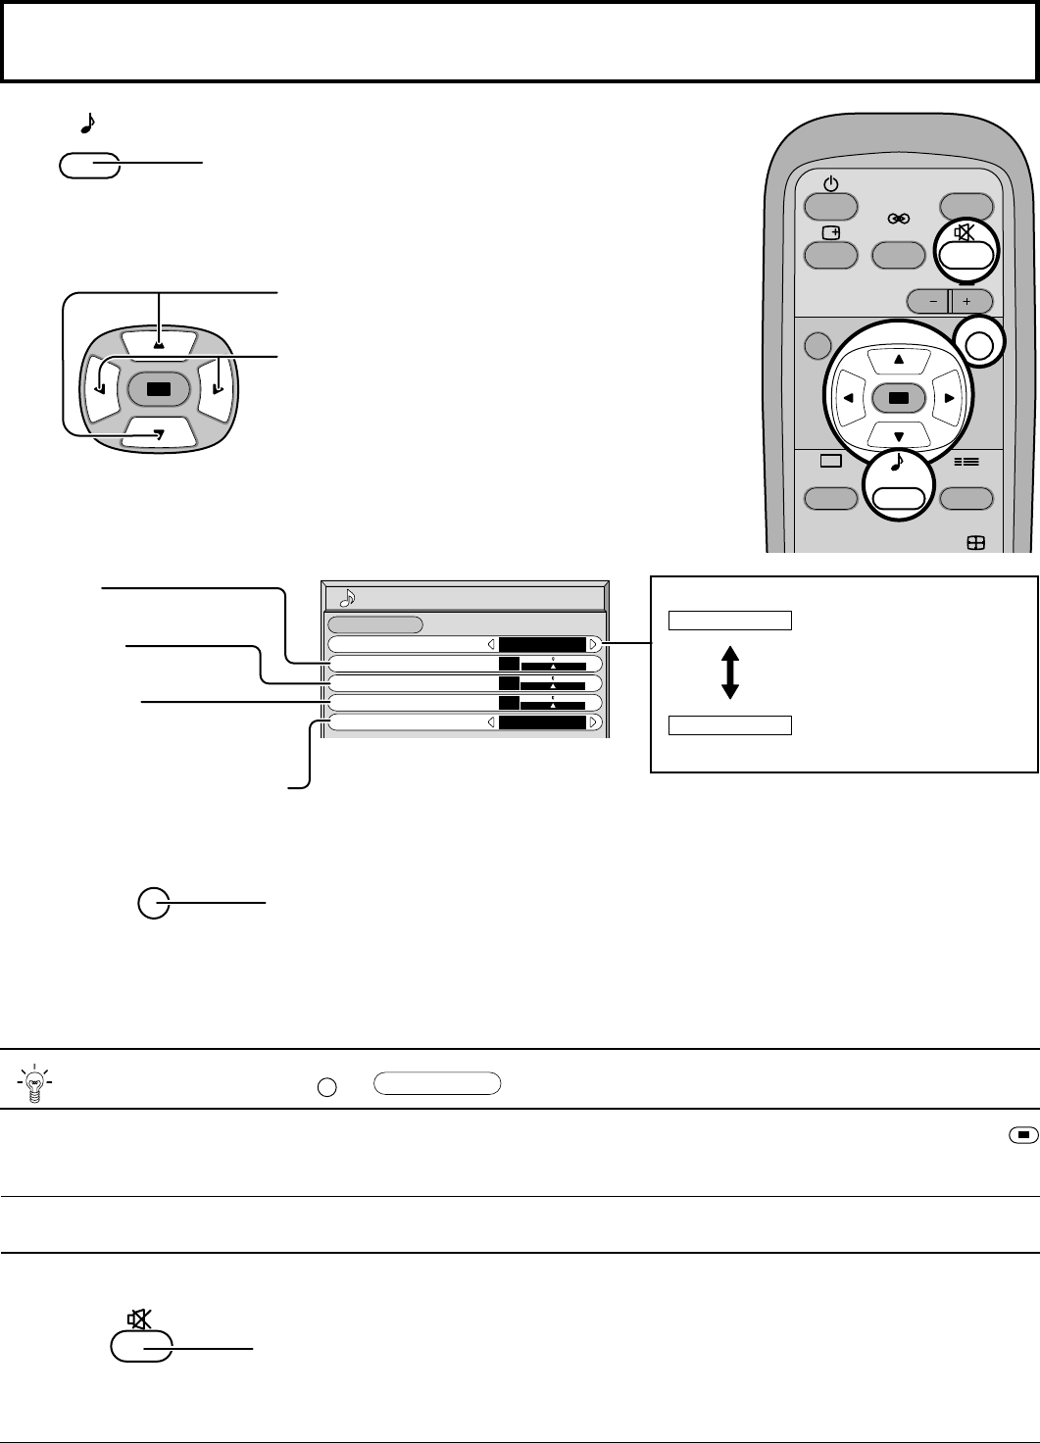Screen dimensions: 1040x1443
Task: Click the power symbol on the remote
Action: click(x=830, y=183)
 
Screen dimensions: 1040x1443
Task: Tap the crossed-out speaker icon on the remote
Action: click(x=966, y=232)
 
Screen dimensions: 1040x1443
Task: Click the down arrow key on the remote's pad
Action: click(x=899, y=437)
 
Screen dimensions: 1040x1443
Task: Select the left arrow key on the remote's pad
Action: click(x=847, y=398)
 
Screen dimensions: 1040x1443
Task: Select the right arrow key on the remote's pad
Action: click(x=949, y=398)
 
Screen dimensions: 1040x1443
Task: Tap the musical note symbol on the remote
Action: click(x=897, y=465)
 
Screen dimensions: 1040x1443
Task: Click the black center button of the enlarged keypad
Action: click(x=159, y=388)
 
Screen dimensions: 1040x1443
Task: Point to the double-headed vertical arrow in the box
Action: click(x=729, y=672)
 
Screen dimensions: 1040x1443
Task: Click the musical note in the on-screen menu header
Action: click(x=346, y=597)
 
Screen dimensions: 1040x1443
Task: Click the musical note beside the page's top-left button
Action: click(x=86, y=123)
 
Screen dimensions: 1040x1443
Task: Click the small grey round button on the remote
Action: click(x=816, y=346)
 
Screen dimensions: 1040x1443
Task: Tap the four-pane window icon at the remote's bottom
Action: click(x=976, y=544)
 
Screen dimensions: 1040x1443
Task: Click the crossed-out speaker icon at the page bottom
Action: click(x=139, y=1320)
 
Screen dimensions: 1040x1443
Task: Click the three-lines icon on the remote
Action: click(x=966, y=461)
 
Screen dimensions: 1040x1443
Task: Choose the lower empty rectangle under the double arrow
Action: click(x=730, y=724)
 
